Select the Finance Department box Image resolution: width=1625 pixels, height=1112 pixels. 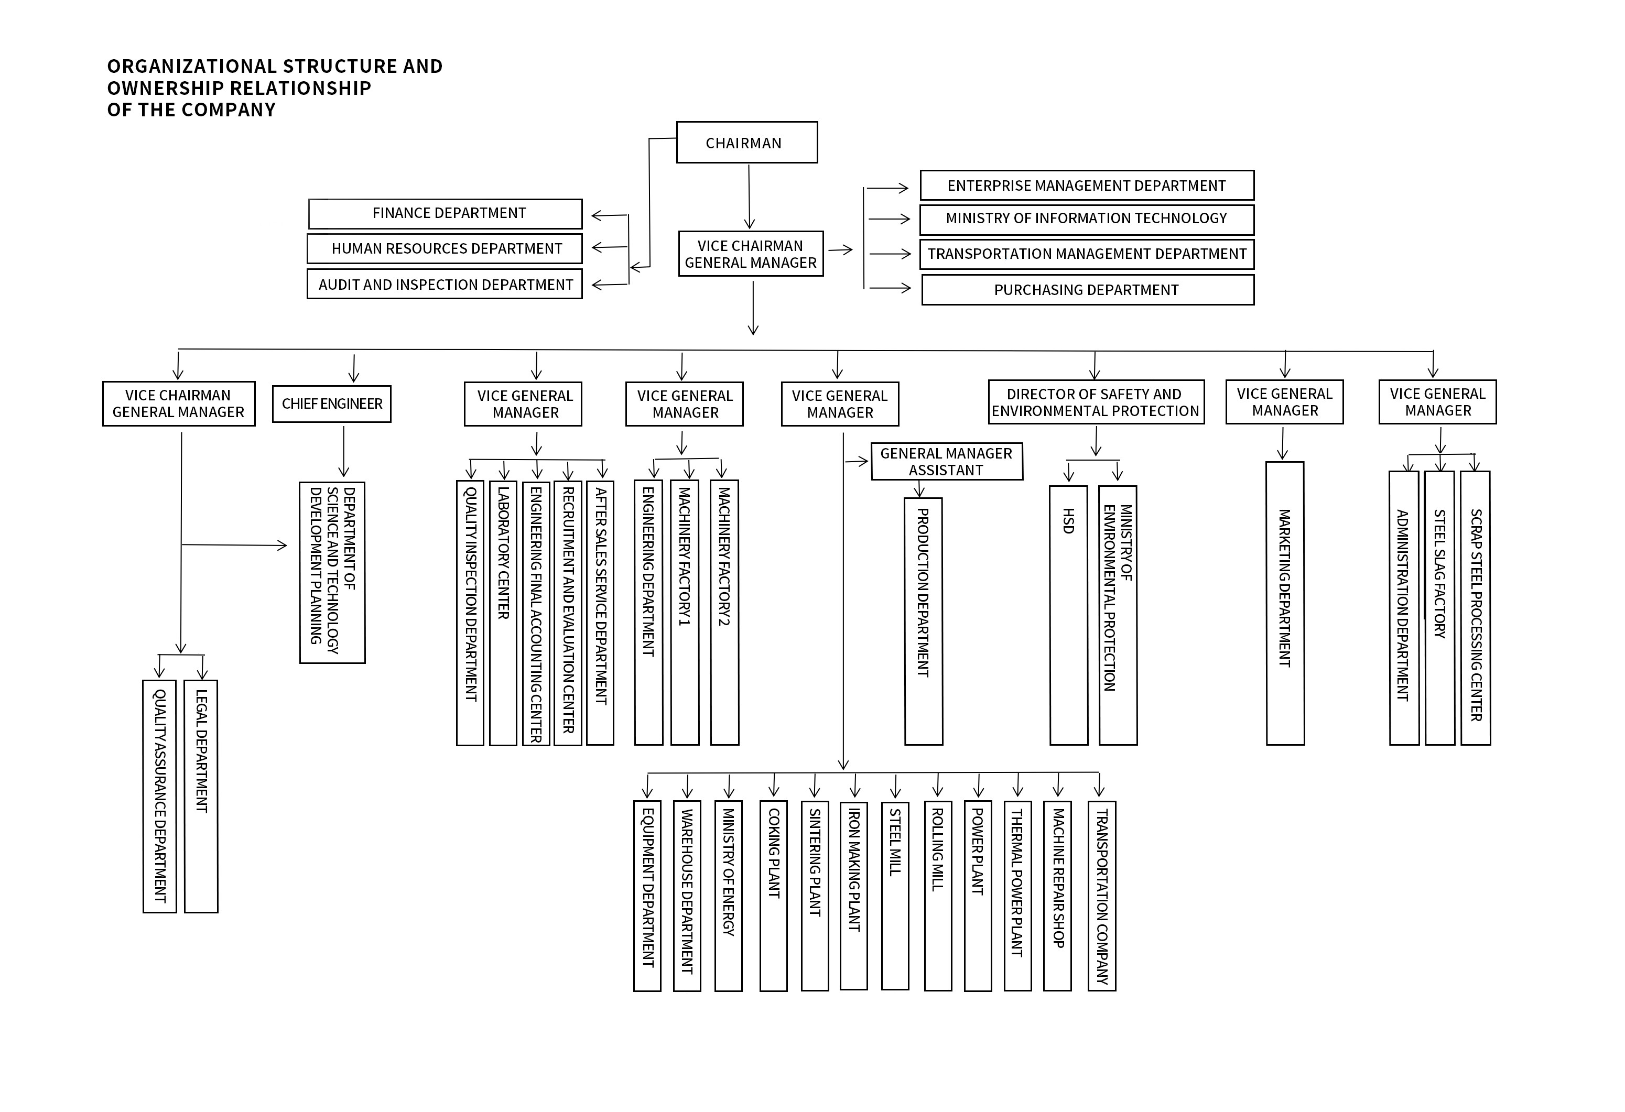click(x=446, y=213)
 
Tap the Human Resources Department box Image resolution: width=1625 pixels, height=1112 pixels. click(x=445, y=248)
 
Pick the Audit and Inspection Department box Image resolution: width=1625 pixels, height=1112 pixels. click(x=445, y=285)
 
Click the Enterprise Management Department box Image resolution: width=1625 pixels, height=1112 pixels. click(x=1086, y=185)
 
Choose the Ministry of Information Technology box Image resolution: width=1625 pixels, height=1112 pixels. click(x=1086, y=219)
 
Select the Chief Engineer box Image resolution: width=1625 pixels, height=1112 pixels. click(x=331, y=404)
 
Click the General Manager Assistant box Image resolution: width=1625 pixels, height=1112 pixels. click(x=946, y=461)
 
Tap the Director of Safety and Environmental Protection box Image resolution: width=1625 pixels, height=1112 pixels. click(x=1095, y=402)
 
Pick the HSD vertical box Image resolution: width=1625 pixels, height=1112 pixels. click(x=1068, y=615)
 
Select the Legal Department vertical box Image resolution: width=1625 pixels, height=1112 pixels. click(x=201, y=796)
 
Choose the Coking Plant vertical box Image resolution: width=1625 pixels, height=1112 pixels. click(x=773, y=896)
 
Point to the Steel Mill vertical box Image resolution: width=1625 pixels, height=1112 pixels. click(x=895, y=896)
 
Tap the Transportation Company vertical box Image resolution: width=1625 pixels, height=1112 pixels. click(x=1101, y=896)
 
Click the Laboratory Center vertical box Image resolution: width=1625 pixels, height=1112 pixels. click(x=503, y=613)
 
